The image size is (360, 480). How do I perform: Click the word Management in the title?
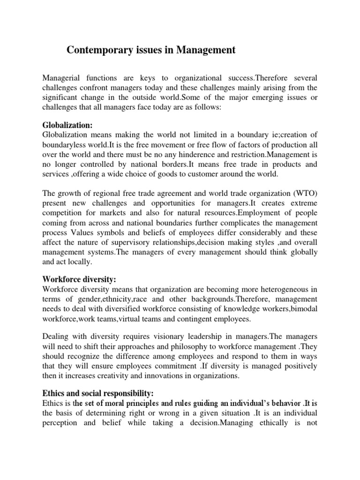pos(206,50)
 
